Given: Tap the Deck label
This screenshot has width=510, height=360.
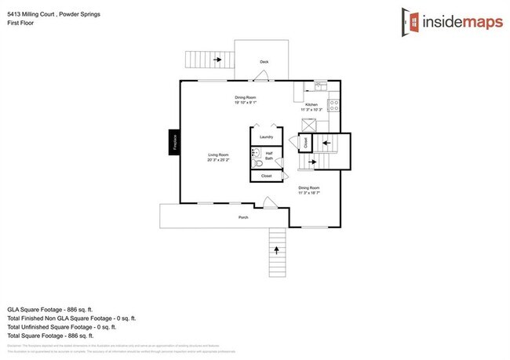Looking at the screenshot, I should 264,61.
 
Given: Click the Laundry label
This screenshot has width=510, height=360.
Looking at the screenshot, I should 266,136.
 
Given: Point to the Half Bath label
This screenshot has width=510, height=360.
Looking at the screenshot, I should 269,155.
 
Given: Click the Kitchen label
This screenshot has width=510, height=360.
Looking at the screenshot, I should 311,104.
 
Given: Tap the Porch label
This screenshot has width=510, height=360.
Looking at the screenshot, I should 243,217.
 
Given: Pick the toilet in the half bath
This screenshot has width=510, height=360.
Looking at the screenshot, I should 257,162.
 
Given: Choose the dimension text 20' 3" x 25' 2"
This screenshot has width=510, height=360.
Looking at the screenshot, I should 217,160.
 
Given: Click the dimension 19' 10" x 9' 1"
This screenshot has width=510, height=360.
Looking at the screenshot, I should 246,103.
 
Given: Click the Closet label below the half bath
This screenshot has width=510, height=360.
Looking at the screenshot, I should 266,176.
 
